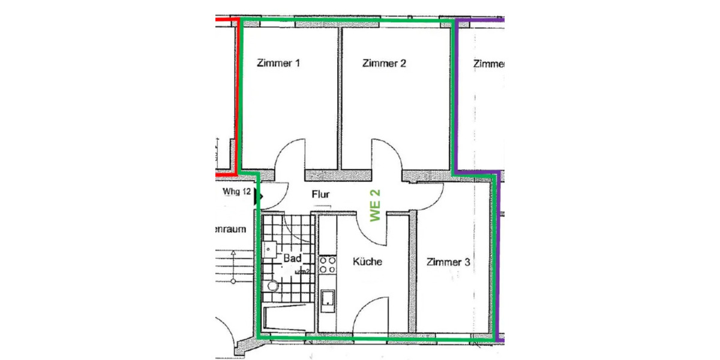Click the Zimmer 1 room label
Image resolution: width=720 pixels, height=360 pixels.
pos(278,63)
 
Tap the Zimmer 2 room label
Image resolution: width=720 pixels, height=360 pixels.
pos(384,63)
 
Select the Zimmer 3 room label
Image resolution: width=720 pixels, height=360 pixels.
pos(448,262)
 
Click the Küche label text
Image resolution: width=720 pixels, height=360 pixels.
pos(367,262)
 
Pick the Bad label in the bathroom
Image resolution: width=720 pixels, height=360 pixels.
pos(292,259)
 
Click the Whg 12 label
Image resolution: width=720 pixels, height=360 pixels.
pos(236,192)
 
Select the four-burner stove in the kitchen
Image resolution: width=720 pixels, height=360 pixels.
pos(327,265)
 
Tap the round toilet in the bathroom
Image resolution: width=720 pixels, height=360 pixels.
pos(272,287)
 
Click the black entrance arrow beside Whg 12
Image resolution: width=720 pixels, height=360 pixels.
pos(259,196)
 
